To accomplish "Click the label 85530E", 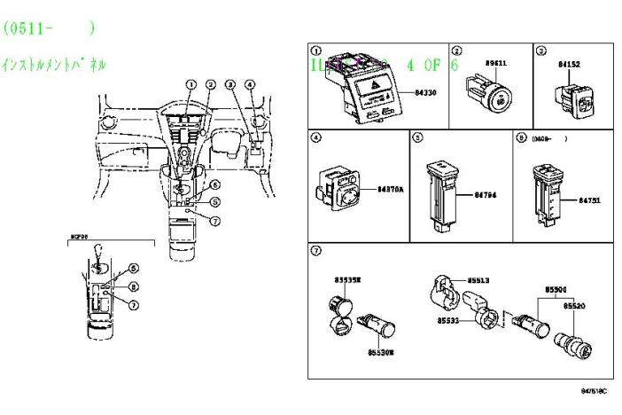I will coord(380,352).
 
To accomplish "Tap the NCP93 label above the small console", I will coord(81,239).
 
